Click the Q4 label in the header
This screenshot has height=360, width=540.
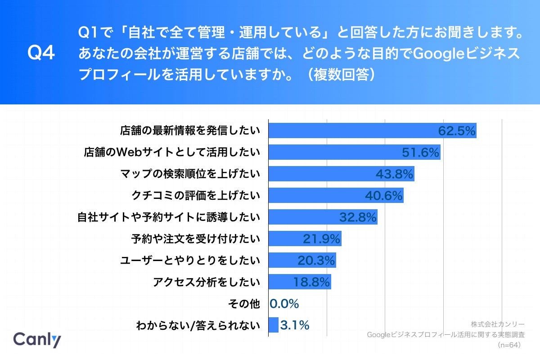(x=41, y=53)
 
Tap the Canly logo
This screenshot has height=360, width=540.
(x=37, y=339)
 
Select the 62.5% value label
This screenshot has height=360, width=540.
(x=457, y=131)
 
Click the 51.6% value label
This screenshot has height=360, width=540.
(x=420, y=153)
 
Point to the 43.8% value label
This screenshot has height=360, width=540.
(x=394, y=174)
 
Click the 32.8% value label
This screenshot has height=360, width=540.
(x=357, y=217)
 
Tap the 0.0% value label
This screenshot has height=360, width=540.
(x=284, y=304)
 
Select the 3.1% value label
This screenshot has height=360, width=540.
(x=295, y=325)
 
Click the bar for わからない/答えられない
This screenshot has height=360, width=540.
(x=274, y=325)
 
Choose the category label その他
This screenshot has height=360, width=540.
(x=244, y=304)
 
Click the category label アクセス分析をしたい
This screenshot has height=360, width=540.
(x=207, y=282)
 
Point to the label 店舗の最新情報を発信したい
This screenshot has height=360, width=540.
(x=190, y=131)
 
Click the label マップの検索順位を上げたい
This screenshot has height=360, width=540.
(x=190, y=174)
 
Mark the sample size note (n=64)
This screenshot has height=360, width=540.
(x=509, y=345)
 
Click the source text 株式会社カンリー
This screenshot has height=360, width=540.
(x=498, y=324)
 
